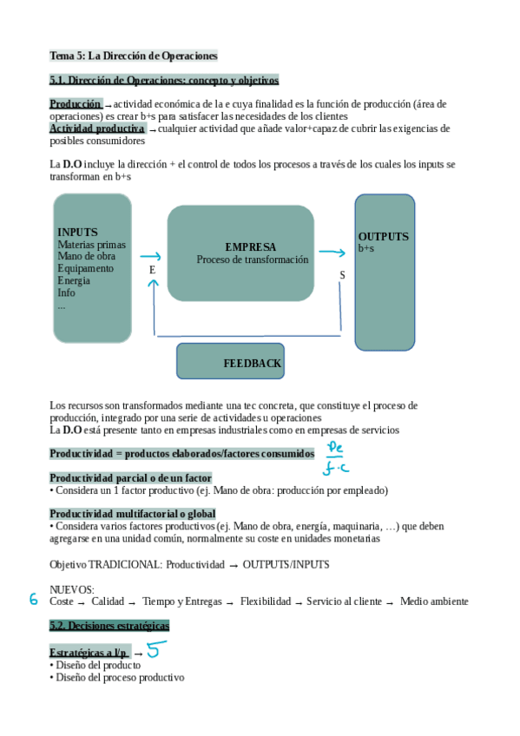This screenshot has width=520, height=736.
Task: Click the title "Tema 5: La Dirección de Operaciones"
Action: [134, 56]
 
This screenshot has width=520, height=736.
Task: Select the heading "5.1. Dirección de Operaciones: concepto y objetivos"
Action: [164, 81]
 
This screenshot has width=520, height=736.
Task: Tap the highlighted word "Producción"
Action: [76, 104]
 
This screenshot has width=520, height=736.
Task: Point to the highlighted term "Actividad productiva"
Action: [97, 128]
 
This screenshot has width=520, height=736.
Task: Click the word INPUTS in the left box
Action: [77, 233]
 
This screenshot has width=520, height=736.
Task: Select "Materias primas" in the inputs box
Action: [91, 245]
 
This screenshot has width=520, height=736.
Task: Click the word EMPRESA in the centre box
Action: [250, 247]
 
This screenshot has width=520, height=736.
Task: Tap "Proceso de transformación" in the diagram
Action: [252, 260]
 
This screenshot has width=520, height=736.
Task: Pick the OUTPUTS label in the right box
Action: [383, 237]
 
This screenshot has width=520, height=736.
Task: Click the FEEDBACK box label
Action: [252, 364]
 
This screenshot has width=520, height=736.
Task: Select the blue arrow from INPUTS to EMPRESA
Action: [150, 256]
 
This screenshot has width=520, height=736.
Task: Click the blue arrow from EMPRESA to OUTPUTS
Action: [332, 253]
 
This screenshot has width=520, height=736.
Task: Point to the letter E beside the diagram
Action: [152, 270]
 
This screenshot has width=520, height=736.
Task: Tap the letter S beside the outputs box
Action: [341, 275]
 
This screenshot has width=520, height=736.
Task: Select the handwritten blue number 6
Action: [34, 600]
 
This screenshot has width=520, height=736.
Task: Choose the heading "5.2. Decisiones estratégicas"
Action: [109, 625]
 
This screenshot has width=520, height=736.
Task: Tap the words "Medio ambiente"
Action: [434, 601]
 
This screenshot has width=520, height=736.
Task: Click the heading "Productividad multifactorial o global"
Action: [133, 514]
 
